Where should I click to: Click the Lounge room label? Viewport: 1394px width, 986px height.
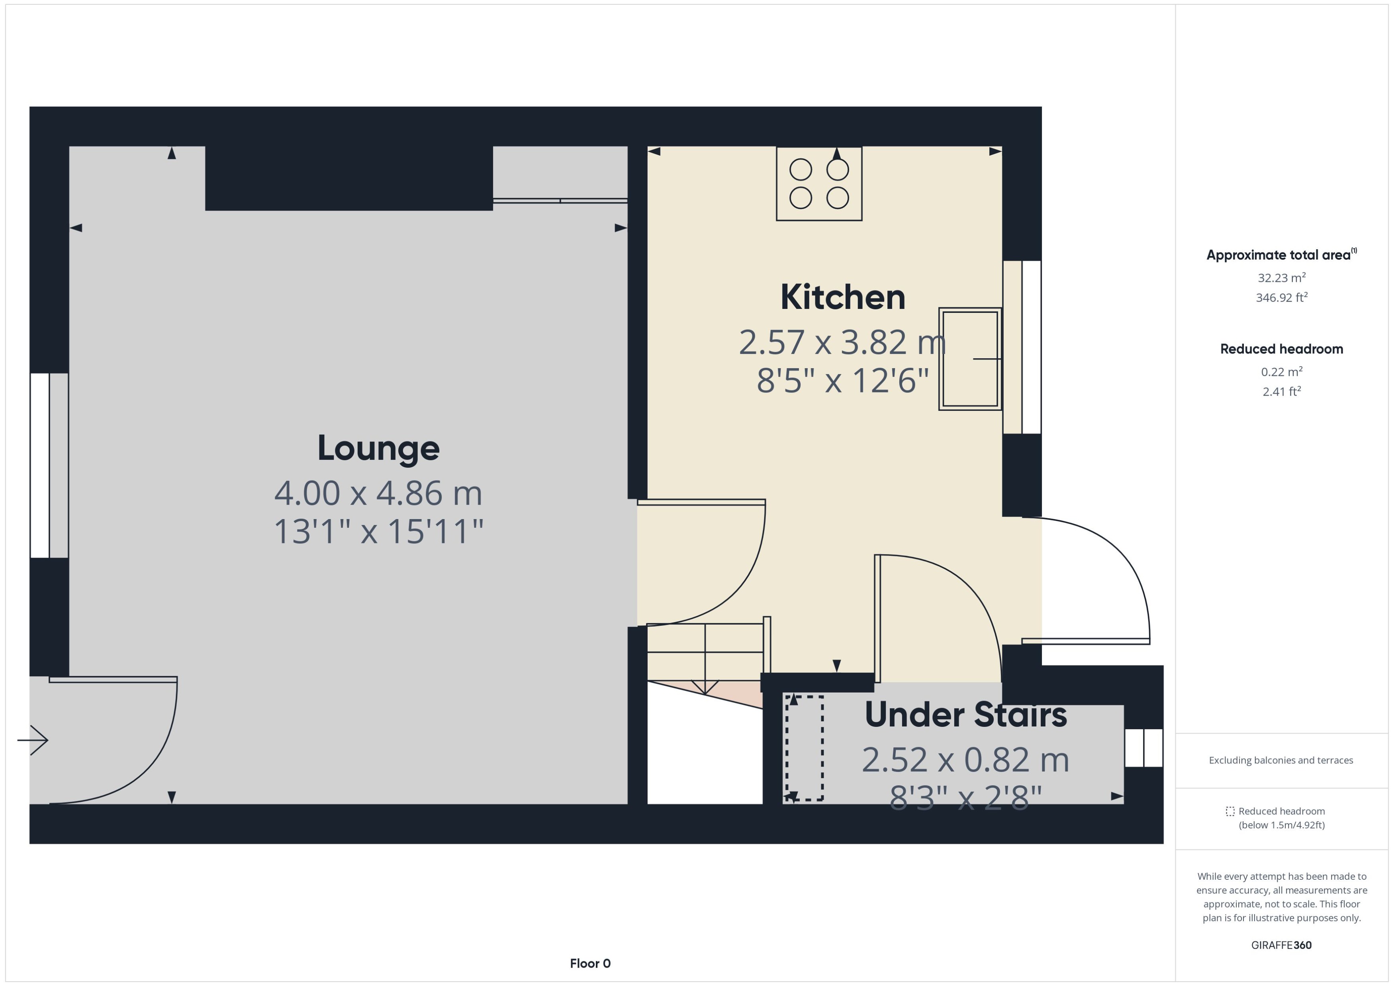378,448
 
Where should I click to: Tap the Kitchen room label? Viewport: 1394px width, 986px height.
842,297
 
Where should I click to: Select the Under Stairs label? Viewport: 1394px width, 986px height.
965,715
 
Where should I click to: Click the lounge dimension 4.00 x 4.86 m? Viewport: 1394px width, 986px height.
378,493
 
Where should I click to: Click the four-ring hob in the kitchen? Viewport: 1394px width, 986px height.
819,184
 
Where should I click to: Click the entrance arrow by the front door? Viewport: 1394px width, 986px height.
33,740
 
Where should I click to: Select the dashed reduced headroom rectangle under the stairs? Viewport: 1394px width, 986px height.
804,748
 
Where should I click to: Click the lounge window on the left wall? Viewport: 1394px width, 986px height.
49,465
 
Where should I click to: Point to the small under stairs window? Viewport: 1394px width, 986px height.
1143,748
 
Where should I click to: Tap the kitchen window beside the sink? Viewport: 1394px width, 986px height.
1022,347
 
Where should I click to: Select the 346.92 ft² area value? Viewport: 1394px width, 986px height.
1281,297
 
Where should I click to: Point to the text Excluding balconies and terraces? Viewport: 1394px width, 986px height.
1280,760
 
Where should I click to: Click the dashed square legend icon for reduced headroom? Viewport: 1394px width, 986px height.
1230,811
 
